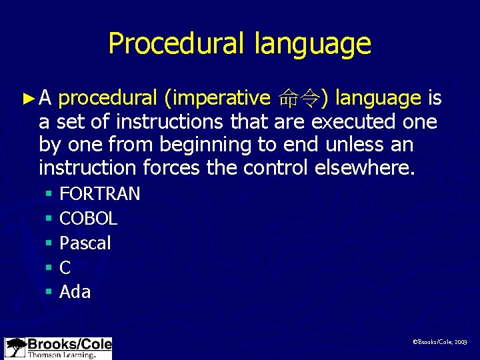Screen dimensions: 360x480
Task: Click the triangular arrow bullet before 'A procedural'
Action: tap(27, 99)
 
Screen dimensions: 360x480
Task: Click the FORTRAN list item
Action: tap(100, 194)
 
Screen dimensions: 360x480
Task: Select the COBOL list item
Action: tap(89, 219)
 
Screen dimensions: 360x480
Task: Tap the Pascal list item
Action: tap(85, 243)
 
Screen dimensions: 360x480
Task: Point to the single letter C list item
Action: tap(65, 268)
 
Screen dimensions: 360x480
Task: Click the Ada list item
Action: tap(75, 292)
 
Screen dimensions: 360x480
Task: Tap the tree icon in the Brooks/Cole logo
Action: tap(15, 347)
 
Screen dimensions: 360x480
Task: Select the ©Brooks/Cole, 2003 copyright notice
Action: tap(440, 341)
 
